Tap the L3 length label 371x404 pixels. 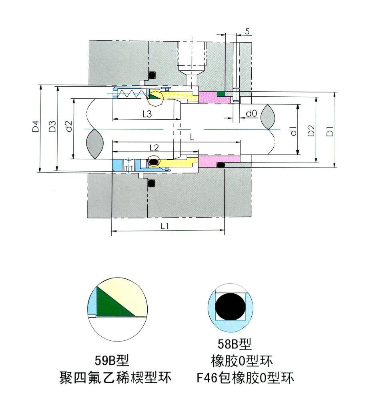tap(147, 114)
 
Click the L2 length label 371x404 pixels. tap(154, 147)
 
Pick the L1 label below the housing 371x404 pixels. tap(165, 226)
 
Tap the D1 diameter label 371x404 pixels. tap(329, 130)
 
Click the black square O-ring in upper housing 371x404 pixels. tap(152, 75)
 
